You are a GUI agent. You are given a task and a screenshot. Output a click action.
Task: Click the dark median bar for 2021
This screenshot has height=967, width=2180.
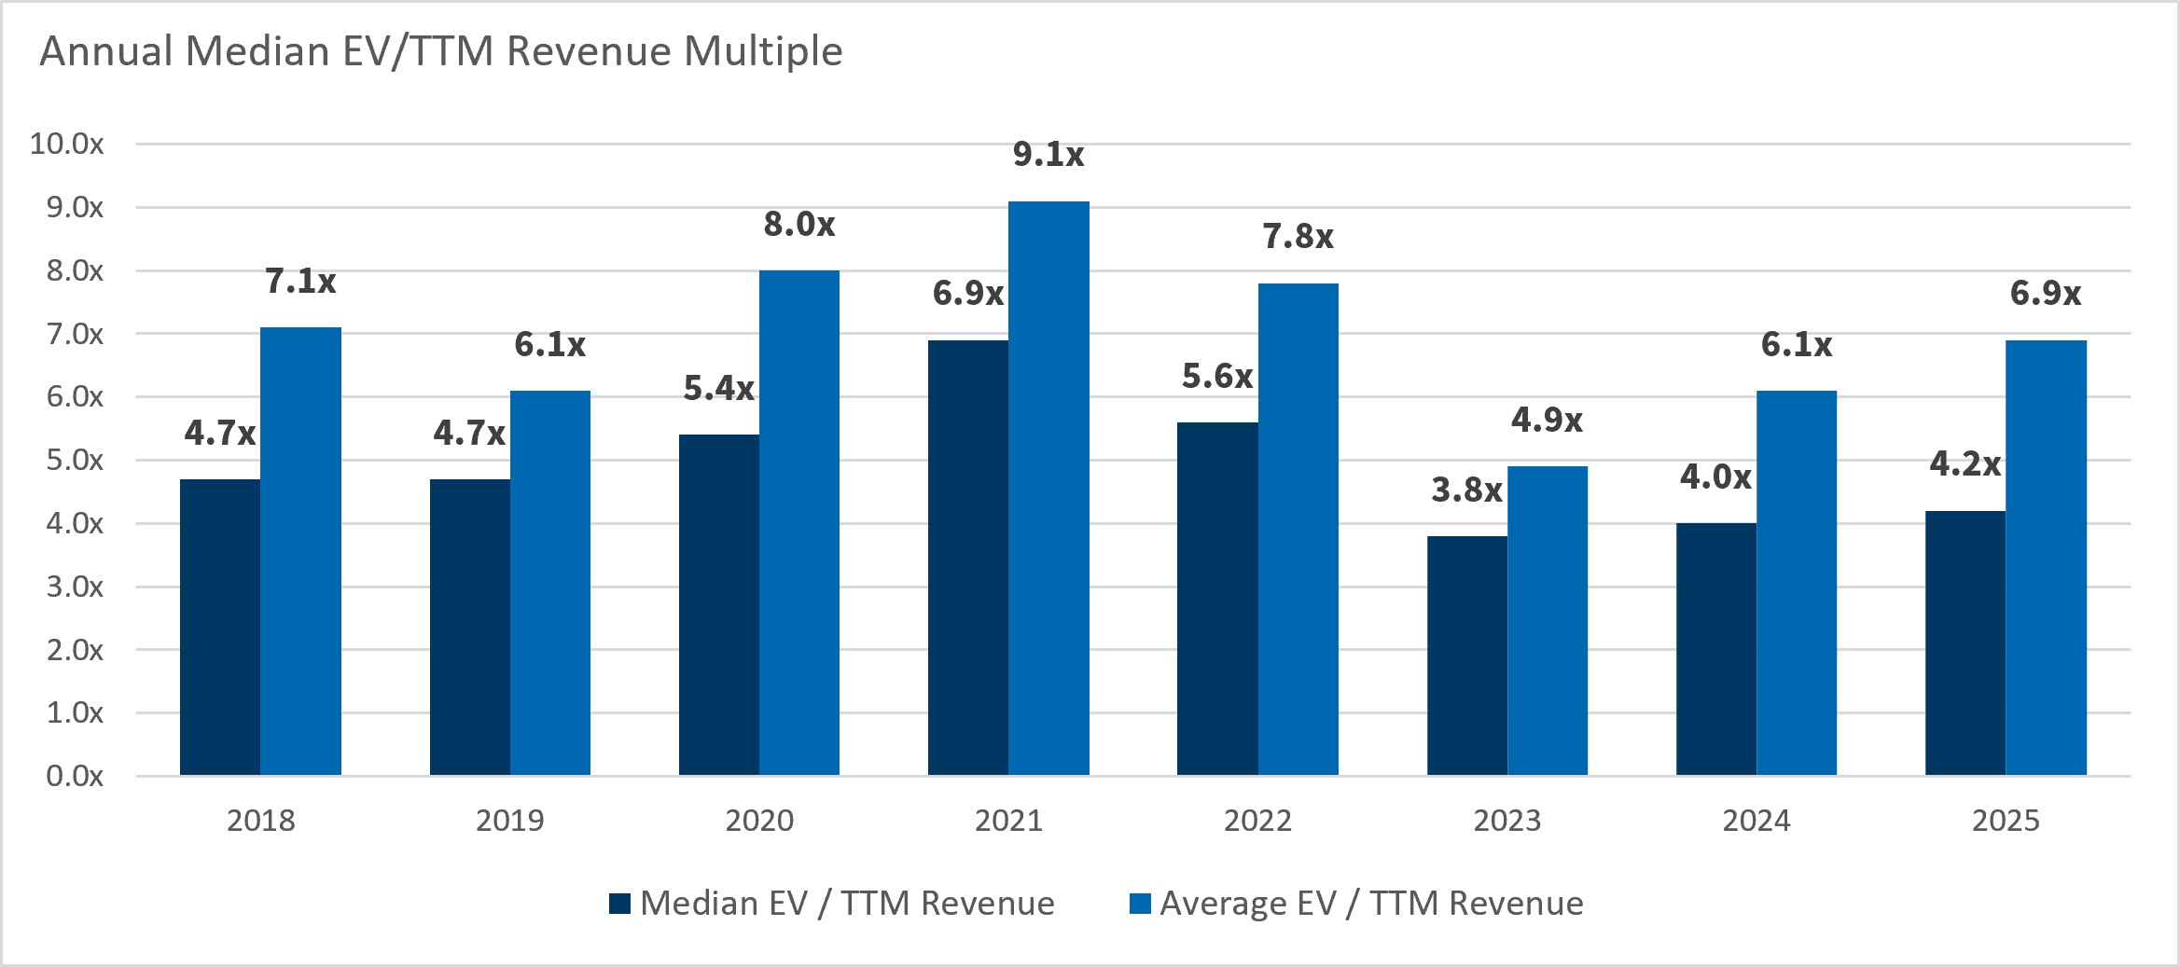point(968,558)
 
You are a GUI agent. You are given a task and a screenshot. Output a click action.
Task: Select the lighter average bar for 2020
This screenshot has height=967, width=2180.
point(799,523)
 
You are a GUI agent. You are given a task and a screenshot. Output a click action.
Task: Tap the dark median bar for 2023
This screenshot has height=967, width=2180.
point(1467,656)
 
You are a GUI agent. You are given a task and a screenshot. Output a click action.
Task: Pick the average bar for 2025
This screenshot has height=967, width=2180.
point(2046,558)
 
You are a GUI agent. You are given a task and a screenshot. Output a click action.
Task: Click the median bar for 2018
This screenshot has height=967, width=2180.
point(220,628)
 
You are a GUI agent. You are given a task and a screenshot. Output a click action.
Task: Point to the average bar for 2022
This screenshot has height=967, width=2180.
point(1298,530)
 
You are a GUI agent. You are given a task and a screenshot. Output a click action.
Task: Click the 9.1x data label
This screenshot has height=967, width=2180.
point(1048,155)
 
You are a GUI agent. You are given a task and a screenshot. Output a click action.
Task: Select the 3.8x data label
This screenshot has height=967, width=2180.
point(1466,490)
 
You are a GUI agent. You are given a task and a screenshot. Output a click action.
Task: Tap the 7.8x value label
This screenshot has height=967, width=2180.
point(1298,237)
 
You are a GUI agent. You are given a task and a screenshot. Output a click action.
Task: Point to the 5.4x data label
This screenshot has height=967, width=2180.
point(718,388)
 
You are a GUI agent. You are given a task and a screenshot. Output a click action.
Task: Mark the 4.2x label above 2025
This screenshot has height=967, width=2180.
point(1965,463)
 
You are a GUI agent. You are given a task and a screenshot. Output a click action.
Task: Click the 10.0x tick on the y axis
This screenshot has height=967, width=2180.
point(66,144)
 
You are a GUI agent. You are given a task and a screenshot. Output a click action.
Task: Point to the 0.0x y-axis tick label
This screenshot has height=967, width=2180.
point(75,776)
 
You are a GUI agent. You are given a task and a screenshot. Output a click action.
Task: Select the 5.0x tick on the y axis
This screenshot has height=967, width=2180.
point(75,460)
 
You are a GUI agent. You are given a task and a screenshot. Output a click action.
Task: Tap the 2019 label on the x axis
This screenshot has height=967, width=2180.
point(510,821)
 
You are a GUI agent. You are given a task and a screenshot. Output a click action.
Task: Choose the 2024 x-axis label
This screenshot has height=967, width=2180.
point(1756,821)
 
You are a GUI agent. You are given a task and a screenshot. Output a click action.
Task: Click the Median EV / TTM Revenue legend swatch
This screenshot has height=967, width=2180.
point(619,904)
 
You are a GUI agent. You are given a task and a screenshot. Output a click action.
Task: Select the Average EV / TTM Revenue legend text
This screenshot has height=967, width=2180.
point(1371,904)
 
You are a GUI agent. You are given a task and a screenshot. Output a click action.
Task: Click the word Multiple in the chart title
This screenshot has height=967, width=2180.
point(763,51)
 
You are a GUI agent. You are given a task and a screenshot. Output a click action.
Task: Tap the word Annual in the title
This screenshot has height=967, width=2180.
point(106,51)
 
